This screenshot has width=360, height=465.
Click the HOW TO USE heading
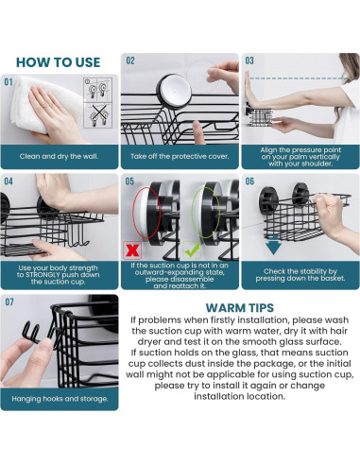click(x=59, y=62)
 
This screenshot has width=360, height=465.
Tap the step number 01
click(x=9, y=82)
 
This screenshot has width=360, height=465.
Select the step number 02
click(x=130, y=60)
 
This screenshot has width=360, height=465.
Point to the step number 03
click(x=249, y=60)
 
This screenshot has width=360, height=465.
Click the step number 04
click(x=9, y=181)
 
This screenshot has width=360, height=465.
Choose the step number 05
click(x=129, y=181)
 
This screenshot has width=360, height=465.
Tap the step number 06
click(x=249, y=181)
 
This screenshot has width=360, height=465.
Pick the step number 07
click(x=9, y=302)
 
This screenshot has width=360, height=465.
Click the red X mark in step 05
click(x=132, y=250)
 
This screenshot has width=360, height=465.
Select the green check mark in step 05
click(x=192, y=250)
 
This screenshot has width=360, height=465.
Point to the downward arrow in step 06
click(x=273, y=246)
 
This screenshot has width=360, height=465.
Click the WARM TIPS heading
click(x=240, y=307)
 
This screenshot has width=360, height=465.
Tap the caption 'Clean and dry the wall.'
click(x=59, y=156)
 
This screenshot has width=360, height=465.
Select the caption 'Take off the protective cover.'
click(x=180, y=156)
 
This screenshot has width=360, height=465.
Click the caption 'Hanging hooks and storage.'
click(x=60, y=399)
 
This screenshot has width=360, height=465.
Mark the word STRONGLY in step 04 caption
click(x=43, y=275)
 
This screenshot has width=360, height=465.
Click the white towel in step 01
click(x=44, y=104)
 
